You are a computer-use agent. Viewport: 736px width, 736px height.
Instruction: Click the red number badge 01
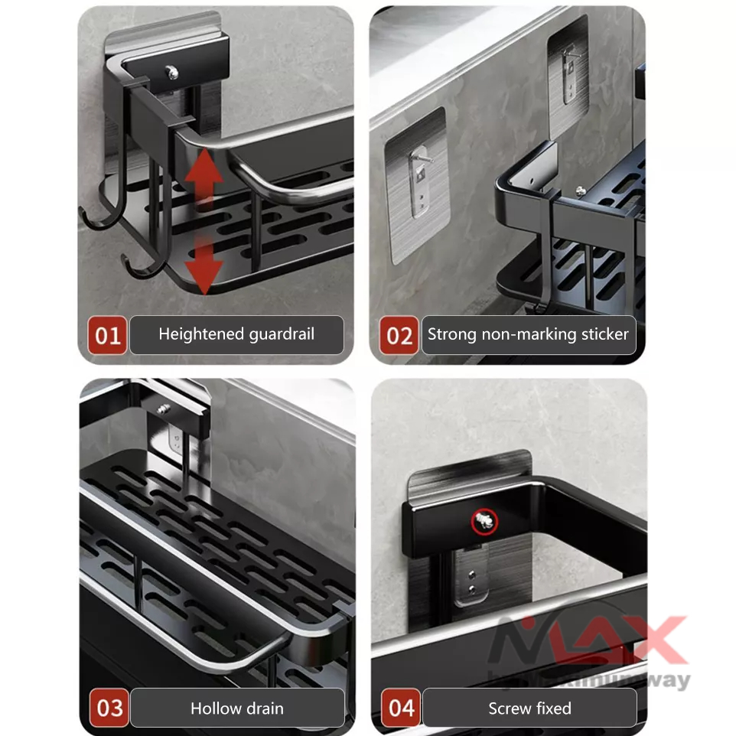point(108,336)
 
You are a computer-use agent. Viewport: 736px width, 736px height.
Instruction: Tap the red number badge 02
point(399,336)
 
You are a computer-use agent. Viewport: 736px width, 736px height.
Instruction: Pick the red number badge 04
point(401,708)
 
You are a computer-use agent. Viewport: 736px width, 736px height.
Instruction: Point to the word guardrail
point(282,334)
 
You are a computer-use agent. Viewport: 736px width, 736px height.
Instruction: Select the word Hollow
point(214,708)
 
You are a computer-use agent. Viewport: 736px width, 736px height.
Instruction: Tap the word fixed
point(553,708)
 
